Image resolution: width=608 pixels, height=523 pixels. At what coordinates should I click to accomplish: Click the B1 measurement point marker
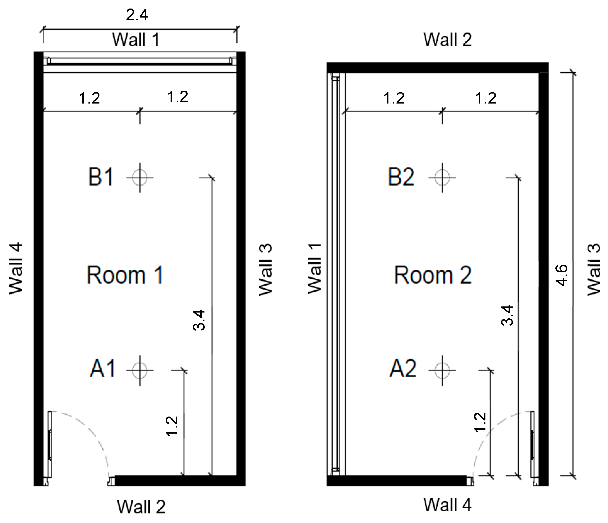tap(140, 178)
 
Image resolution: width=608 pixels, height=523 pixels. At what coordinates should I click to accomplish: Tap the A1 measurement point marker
tap(140, 371)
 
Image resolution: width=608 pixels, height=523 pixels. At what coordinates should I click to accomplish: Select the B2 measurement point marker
tap(442, 178)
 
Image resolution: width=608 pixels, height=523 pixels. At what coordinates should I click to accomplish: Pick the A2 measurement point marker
tap(442, 371)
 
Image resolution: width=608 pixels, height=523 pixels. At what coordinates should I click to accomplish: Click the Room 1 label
tap(125, 275)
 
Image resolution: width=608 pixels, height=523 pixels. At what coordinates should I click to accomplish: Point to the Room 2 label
tap(433, 275)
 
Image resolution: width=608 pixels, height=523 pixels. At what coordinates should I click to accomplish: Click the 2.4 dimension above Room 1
tap(137, 15)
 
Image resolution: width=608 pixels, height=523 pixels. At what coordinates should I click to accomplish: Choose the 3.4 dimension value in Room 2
tap(507, 315)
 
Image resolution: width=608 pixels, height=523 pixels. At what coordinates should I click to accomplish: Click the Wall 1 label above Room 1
tap(136, 40)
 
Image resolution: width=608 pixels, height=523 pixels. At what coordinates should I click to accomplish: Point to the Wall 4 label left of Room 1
tap(16, 268)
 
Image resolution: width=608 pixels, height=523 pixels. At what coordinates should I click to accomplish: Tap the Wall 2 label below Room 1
tap(141, 506)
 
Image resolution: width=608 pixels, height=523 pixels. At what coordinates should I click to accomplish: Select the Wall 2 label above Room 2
tap(447, 40)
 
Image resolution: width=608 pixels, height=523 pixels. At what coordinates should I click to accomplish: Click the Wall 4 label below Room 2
tap(447, 504)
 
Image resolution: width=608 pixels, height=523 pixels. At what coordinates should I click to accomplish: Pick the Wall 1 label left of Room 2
tap(315, 268)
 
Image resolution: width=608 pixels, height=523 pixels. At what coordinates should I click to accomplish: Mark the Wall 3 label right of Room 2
tap(594, 269)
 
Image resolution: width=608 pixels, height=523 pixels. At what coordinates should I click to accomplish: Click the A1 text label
tap(102, 369)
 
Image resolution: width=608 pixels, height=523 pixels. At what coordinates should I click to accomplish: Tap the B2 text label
tap(401, 177)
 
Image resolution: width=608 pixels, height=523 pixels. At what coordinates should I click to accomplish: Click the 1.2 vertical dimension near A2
tap(480, 422)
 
